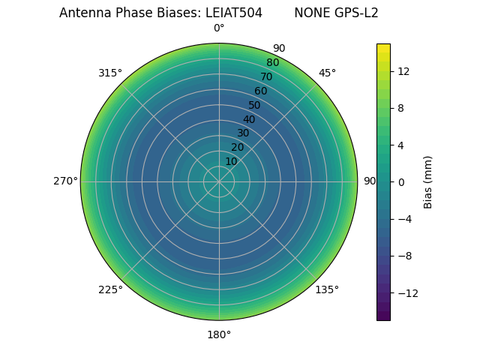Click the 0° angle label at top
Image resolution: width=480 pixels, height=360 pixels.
tap(219, 28)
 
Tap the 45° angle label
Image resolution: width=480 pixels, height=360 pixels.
tap(327, 73)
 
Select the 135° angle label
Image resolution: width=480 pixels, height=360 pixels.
tap(327, 289)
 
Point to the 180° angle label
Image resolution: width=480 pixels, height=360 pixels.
tap(219, 334)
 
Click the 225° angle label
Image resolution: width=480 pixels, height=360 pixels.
tap(110, 289)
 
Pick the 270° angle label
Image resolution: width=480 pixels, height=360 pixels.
tap(65, 181)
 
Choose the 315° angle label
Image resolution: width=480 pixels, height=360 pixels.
tap(110, 73)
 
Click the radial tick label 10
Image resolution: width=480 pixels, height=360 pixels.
tap(232, 161)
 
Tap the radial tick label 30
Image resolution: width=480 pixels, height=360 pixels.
tap(243, 133)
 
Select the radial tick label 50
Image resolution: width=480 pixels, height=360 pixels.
tap(255, 105)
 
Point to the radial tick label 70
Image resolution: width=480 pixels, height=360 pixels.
tap(266, 76)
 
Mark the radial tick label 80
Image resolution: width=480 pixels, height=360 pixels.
tap(272, 62)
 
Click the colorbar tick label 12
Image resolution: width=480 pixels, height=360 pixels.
tap(403, 71)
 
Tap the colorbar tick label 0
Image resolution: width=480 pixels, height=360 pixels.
tap(401, 181)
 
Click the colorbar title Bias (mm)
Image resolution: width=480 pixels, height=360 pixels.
tap(428, 181)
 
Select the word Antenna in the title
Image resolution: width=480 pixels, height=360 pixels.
tap(83, 13)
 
